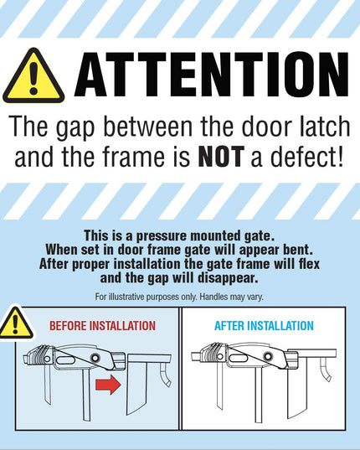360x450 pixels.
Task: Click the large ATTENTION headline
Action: click(212, 75)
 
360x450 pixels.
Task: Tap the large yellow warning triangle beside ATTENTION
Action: click(33, 76)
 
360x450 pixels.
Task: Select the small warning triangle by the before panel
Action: click(16, 323)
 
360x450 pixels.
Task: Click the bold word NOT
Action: click(221, 157)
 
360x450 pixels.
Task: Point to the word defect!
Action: click(306, 157)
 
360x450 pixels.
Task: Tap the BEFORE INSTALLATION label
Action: click(103, 326)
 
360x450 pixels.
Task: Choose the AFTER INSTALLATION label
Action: click(264, 326)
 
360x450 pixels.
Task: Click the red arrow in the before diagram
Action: click(108, 385)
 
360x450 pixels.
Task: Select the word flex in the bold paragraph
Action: click(309, 264)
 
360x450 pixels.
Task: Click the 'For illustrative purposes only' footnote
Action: click(179, 297)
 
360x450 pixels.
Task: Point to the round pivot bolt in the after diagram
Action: click(268, 357)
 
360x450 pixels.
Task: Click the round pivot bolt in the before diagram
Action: click(95, 358)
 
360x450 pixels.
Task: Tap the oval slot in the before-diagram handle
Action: click(65, 359)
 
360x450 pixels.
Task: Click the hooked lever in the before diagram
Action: click(165, 373)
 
